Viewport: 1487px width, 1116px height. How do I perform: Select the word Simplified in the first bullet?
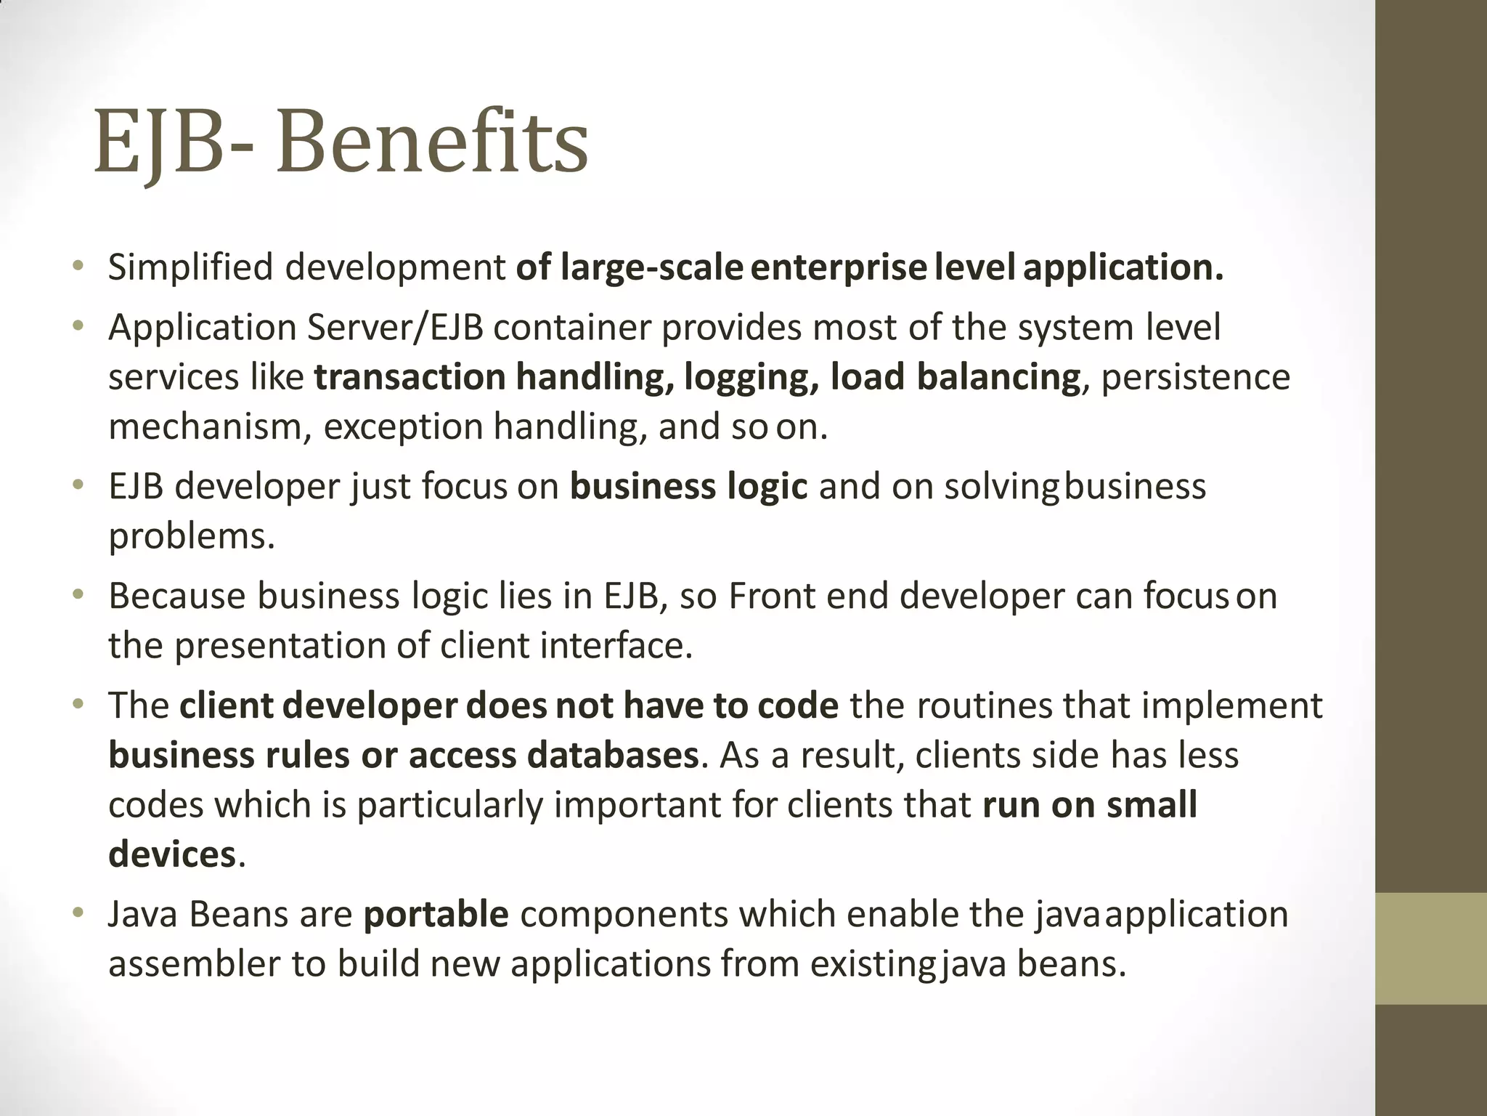[x=190, y=267]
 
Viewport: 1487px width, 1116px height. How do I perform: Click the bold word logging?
[x=751, y=377]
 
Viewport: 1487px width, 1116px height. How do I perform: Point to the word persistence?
[x=1196, y=377]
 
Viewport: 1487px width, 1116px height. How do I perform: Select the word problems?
[x=192, y=537]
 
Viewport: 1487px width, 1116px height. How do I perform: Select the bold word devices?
[x=172, y=854]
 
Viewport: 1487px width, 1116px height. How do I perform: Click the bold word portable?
[x=436, y=914]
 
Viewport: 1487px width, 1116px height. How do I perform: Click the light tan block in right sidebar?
[x=1430, y=948]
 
